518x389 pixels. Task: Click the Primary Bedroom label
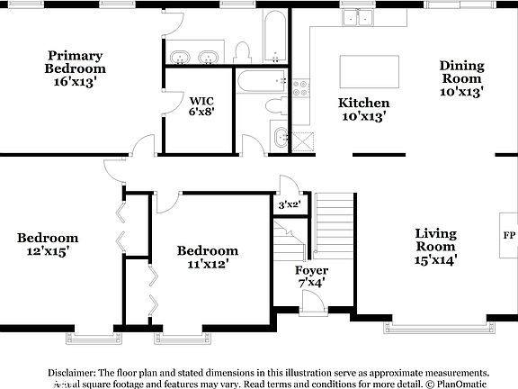pos(76,68)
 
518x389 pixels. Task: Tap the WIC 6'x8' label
pos(201,106)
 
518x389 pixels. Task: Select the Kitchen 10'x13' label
pos(363,109)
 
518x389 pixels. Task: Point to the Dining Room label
pos(461,77)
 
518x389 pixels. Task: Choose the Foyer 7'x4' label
pos(311,276)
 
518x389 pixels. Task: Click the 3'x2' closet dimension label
pos(289,205)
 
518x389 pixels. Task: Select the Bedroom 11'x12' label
pos(207,257)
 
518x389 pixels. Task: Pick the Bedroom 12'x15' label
pos(48,244)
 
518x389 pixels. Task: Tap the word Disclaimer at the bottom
pos(71,372)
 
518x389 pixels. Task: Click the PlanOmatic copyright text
pos(460,383)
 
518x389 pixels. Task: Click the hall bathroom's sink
pos(281,139)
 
